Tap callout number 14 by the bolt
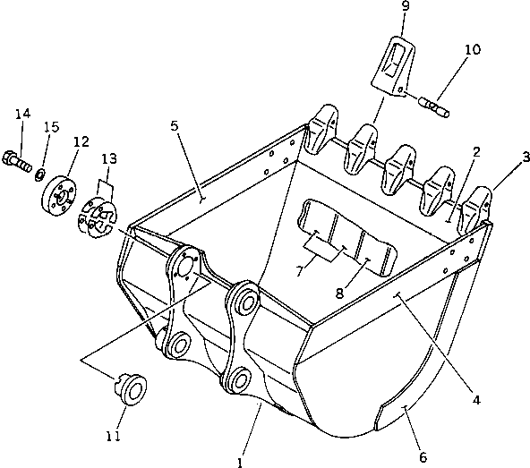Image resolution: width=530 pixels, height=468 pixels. pos(21,113)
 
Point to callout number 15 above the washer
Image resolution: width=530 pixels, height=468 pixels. pos(52,126)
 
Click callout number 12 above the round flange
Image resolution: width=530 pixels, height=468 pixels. pos(81,141)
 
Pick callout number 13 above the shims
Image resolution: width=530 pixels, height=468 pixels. pos(108,158)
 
